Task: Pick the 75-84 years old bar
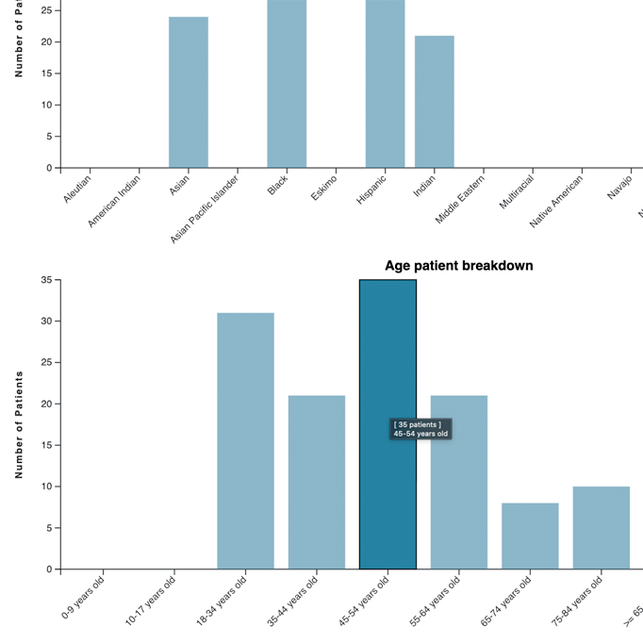coord(601,527)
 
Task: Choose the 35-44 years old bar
coord(317,482)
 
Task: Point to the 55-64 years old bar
coord(459,482)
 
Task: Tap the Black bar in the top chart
coord(287,84)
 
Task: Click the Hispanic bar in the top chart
coord(386,84)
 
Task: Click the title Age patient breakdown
coord(458,266)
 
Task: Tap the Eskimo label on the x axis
coord(324,186)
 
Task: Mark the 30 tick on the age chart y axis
coord(47,321)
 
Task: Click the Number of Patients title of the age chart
coord(19,424)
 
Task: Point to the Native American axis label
coord(556,201)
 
